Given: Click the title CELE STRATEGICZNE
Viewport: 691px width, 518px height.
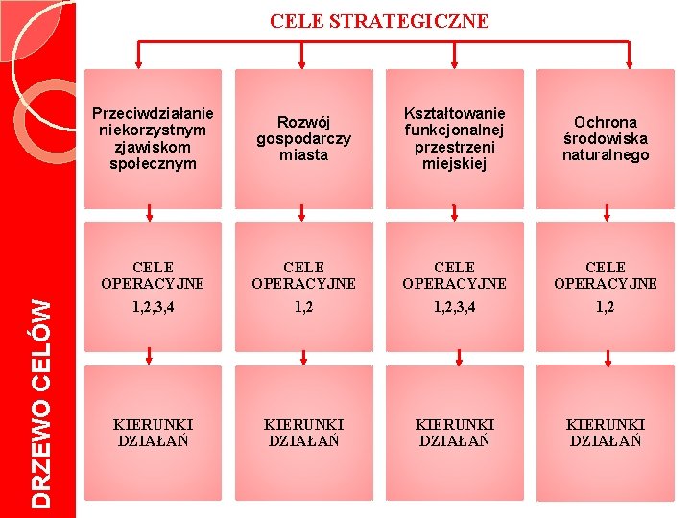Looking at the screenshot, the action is pyautogui.click(x=379, y=21).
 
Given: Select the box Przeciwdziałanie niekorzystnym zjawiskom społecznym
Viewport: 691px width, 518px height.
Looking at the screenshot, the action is pyautogui.click(x=154, y=138).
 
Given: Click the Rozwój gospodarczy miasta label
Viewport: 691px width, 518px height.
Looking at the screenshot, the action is pyautogui.click(x=303, y=138).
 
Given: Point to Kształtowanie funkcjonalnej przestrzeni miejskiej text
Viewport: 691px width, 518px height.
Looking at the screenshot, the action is pyautogui.click(x=455, y=138).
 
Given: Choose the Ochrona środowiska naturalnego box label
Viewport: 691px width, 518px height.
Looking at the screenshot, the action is pyautogui.click(x=606, y=138).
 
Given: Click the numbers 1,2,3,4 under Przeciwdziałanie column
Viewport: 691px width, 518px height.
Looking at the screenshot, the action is pyautogui.click(x=154, y=307).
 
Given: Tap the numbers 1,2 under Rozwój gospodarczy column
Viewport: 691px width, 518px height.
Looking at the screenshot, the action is pyautogui.click(x=303, y=307).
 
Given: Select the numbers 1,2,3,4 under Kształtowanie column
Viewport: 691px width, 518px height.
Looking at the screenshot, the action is pyautogui.click(x=455, y=307).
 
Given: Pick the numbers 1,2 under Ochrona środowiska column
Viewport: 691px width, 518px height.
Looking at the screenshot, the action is pyautogui.click(x=606, y=307).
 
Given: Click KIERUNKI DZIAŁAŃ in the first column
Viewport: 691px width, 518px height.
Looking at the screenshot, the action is pyautogui.click(x=154, y=432).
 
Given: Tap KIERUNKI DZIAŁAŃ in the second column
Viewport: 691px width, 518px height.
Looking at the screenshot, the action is pyautogui.click(x=303, y=432).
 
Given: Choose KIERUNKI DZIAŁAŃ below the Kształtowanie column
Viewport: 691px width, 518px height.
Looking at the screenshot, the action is pyautogui.click(x=455, y=432).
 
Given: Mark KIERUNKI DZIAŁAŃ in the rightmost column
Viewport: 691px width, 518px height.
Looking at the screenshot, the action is pyautogui.click(x=606, y=432).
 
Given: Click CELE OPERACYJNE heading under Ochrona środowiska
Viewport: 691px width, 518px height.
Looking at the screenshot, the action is pyautogui.click(x=606, y=274).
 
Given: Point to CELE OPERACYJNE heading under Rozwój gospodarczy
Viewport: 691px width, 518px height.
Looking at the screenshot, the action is pyautogui.click(x=303, y=274).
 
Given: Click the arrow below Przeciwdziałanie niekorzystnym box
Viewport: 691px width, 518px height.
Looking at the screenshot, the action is pyautogui.click(x=149, y=213).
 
